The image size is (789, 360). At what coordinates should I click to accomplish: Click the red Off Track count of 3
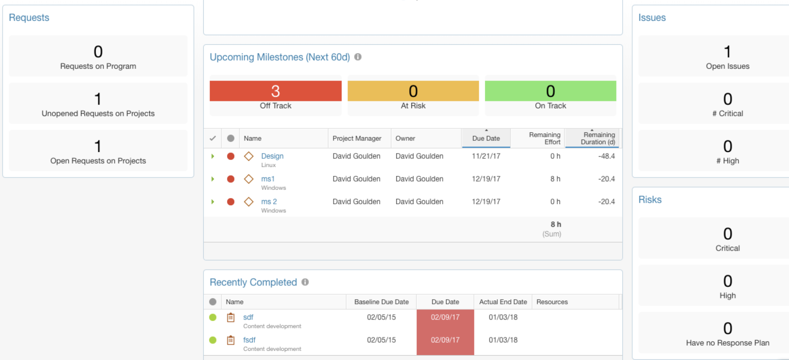[275, 91]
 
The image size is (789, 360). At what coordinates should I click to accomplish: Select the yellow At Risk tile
[413, 91]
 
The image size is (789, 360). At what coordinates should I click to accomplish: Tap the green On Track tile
[550, 91]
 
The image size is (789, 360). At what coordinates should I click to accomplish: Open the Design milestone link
[272, 156]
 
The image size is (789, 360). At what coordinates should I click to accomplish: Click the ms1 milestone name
[267, 179]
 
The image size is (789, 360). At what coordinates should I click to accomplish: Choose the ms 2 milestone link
[269, 202]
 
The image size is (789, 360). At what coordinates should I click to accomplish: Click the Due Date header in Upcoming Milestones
[486, 139]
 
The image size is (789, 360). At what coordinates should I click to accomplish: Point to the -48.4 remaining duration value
[606, 156]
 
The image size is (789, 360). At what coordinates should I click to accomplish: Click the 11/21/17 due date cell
[486, 156]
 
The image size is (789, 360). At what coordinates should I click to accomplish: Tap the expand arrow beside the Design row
[213, 156]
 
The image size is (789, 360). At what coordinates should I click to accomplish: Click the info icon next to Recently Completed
[305, 282]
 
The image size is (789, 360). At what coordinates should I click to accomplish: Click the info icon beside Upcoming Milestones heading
[358, 57]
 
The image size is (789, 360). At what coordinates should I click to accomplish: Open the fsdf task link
[249, 340]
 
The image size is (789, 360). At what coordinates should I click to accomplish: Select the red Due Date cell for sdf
[445, 317]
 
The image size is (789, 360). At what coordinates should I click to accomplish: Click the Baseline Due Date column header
[381, 302]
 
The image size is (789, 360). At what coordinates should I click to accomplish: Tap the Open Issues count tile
[727, 56]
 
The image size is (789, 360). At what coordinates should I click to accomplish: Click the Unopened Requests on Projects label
[98, 114]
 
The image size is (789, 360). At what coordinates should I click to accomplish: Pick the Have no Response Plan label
[727, 343]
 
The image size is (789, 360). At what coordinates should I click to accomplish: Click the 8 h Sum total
[555, 225]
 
